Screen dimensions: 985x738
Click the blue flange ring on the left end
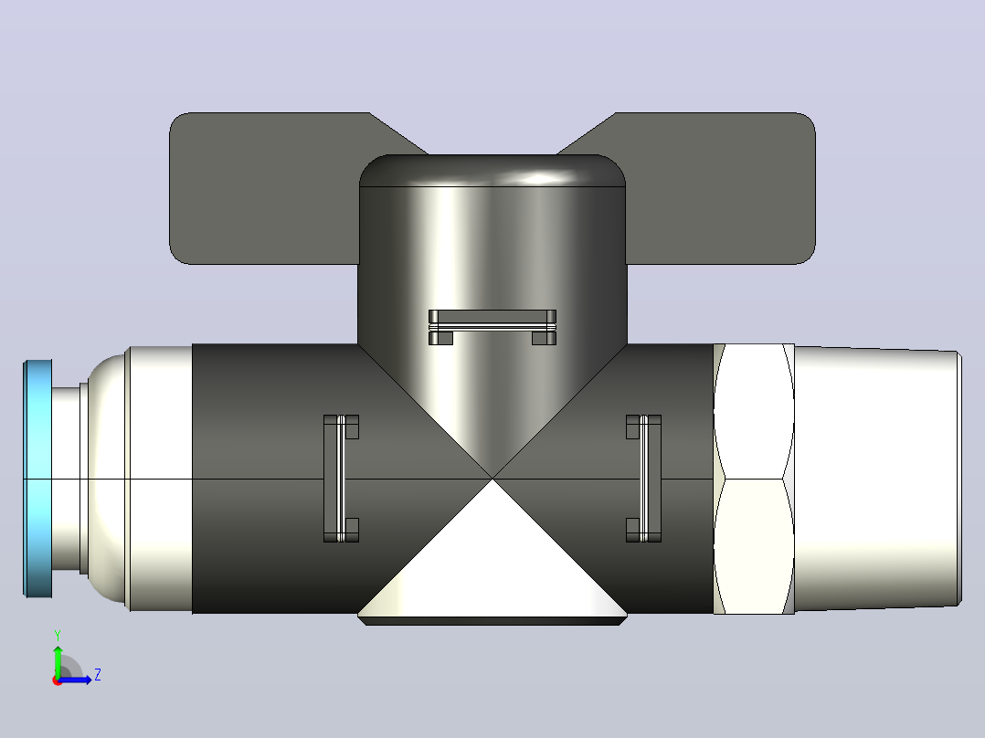tap(37, 479)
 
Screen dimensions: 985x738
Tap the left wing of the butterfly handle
tap(264, 188)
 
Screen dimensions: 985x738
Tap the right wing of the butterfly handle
tap(719, 188)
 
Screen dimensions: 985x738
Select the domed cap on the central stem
tap(492, 170)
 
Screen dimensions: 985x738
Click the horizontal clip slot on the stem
tap(492, 327)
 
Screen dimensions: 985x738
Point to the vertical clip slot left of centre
tap(341, 479)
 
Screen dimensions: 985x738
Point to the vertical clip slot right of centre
tap(644, 479)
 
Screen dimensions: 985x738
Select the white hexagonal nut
tap(754, 479)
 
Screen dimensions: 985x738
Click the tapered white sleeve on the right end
tap(878, 479)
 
